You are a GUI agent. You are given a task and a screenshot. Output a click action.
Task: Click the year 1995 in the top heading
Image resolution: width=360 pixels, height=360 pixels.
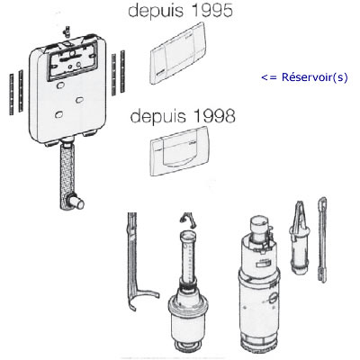[x=211, y=10]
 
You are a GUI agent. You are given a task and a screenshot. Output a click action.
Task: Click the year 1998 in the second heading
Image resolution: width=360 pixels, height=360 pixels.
[x=214, y=116]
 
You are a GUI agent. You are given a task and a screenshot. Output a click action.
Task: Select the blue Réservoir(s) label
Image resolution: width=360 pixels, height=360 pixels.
[x=315, y=77]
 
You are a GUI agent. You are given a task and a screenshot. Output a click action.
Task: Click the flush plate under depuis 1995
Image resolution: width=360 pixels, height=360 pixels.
[x=177, y=53]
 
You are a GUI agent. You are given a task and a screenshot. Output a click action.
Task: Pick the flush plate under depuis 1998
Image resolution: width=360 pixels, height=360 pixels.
[x=179, y=150]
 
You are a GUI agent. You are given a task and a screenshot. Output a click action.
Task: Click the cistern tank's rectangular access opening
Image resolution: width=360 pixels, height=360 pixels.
[x=72, y=61]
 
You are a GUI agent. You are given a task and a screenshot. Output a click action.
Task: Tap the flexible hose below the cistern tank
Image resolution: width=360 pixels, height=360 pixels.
[x=67, y=172]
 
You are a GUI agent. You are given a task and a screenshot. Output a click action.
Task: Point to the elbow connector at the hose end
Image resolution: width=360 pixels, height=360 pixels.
[x=76, y=202]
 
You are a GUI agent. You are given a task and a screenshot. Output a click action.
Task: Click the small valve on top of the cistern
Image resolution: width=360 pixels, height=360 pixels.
[x=67, y=31]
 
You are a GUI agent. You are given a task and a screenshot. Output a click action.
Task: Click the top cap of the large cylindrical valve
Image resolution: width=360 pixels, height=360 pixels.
[x=257, y=223]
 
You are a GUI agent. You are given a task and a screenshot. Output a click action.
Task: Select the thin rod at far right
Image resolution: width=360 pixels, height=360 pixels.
[x=322, y=239]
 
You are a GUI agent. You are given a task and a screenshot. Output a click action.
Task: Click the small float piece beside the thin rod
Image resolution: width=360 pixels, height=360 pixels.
[x=300, y=237]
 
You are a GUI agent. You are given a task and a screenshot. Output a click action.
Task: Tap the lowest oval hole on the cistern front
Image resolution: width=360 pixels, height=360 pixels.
[x=59, y=114]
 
